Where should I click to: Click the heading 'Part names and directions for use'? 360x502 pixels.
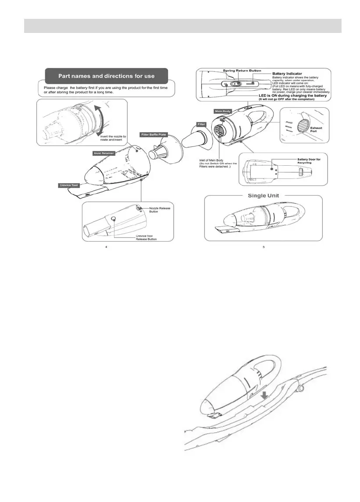107,76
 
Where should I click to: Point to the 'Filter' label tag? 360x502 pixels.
201,125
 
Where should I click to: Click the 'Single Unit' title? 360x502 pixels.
264,196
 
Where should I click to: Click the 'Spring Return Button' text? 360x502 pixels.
242,71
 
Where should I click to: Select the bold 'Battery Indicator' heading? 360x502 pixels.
290,74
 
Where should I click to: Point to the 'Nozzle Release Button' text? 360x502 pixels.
160,210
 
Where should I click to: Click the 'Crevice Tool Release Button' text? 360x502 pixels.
146,237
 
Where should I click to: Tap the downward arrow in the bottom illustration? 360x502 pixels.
264,396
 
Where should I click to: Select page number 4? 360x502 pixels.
107,247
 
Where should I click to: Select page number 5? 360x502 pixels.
263,247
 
